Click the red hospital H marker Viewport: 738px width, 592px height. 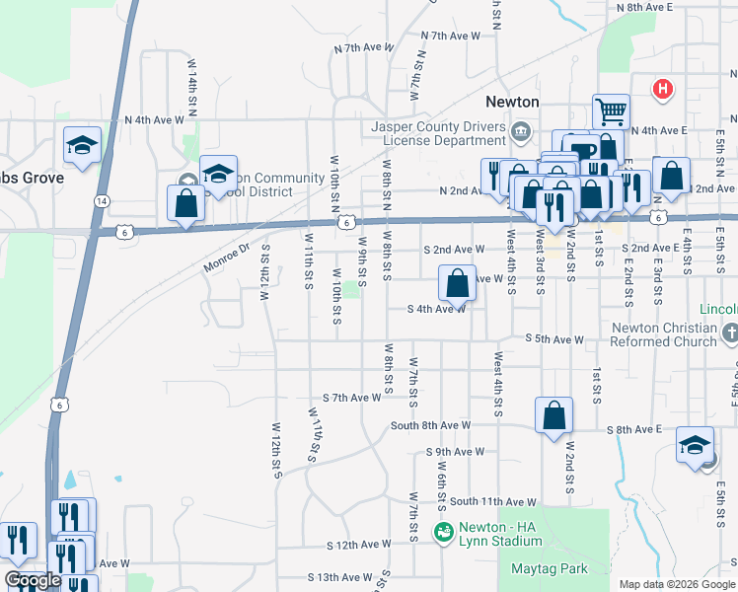664,90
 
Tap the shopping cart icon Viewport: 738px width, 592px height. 611,111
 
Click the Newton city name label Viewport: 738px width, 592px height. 513,102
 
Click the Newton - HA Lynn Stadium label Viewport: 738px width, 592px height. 493,535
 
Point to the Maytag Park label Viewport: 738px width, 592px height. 550,568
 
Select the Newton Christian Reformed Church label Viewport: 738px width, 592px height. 664,334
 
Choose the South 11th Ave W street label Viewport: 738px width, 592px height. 492,502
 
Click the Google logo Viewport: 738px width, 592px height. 33,580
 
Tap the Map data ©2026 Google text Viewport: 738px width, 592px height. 676,584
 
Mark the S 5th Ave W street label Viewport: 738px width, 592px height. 554,339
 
